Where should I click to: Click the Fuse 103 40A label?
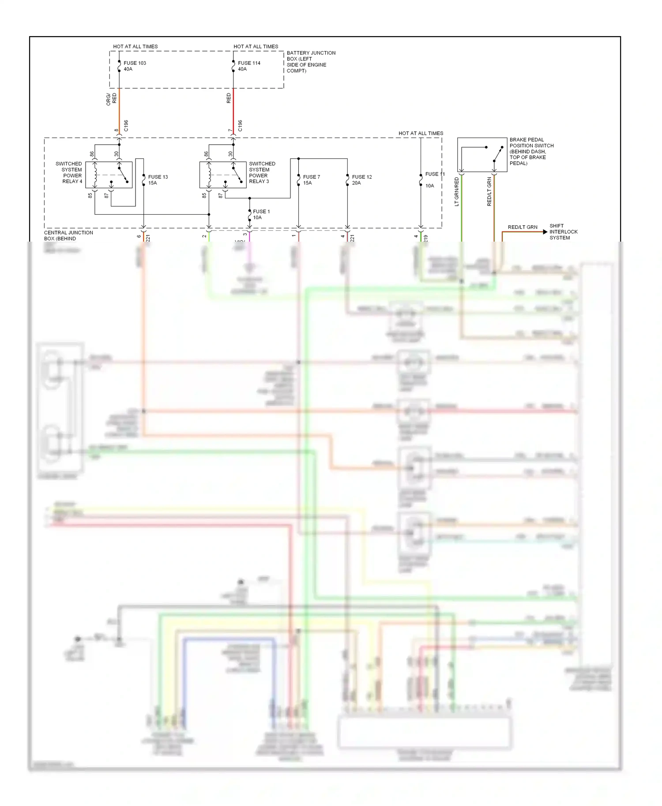pos(135,66)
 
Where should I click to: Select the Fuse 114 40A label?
pos(249,66)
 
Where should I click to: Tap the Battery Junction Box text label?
pos(311,62)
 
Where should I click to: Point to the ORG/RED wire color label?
pos(111,99)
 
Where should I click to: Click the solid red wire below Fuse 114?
pos(233,110)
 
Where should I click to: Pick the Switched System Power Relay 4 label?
pos(69,172)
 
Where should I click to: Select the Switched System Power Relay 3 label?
pos(262,172)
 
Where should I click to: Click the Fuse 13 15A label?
pos(158,180)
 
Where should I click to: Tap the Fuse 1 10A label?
pos(261,214)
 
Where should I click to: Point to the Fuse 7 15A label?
pos(311,180)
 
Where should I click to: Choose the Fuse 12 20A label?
pos(361,180)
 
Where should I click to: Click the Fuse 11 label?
pos(434,174)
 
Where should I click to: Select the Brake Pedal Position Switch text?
pos(531,151)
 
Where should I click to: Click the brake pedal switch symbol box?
pos(482,155)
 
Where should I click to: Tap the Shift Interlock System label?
pos(563,231)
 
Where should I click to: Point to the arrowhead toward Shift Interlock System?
pos(545,232)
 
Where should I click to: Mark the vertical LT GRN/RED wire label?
pos(457,191)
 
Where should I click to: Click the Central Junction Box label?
pos(68,235)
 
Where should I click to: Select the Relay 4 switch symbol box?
pos(109,175)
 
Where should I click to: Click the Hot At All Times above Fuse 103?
pos(135,46)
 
